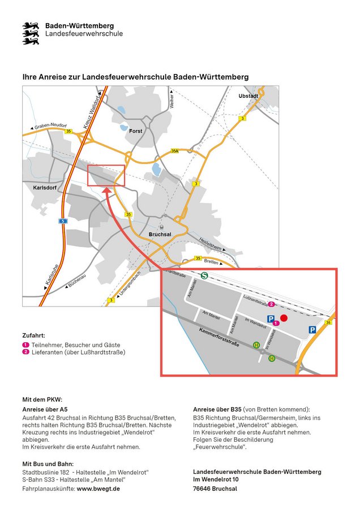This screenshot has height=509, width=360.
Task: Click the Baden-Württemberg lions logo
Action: coord(30,33)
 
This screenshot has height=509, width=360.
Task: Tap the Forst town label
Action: coord(136,131)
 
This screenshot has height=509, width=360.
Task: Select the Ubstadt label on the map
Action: coord(248,96)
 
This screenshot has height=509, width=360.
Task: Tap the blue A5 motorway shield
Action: coord(63,221)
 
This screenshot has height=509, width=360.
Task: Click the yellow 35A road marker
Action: coord(175,151)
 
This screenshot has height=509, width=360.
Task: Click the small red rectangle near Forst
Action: coord(106,175)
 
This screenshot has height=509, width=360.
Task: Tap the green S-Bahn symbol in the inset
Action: coord(204,276)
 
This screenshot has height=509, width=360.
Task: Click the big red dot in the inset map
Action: coord(284,318)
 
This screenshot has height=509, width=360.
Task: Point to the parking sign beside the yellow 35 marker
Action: coord(312,330)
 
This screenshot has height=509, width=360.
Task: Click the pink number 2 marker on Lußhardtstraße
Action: coord(271,305)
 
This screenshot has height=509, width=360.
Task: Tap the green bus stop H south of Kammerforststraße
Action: coord(272,358)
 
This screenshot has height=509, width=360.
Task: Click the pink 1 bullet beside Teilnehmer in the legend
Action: coord(25,345)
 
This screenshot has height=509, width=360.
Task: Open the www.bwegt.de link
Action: coord(98,489)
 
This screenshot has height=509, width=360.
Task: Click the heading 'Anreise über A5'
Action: coord(45,409)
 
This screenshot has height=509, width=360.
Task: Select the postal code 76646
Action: coord(203,489)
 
